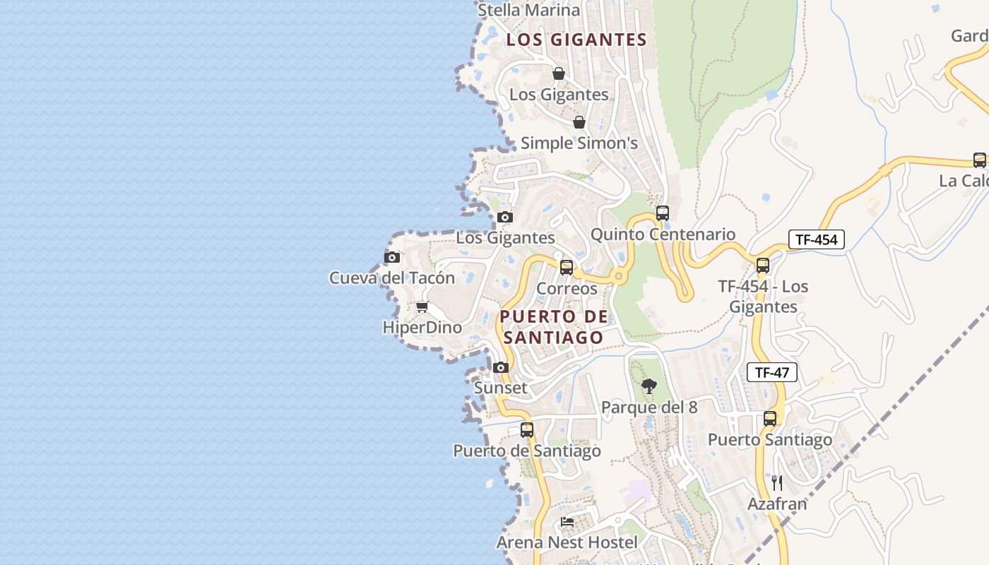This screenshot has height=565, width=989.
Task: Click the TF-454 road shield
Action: click(816, 239)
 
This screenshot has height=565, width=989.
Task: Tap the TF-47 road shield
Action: click(771, 372)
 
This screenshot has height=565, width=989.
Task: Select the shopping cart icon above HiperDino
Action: click(422, 307)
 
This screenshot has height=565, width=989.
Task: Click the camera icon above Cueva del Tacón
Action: click(392, 258)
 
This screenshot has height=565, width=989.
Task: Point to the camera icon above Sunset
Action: click(501, 367)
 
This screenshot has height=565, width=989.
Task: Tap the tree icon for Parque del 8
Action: click(649, 386)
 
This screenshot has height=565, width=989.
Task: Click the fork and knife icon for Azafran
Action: click(777, 483)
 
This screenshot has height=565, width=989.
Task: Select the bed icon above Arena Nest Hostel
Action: click(567, 522)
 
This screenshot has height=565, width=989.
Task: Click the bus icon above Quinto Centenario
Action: click(662, 213)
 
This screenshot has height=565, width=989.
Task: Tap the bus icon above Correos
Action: click(566, 268)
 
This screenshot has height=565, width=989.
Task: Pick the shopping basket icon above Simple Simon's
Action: click(579, 122)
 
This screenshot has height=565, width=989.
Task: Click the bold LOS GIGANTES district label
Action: click(576, 40)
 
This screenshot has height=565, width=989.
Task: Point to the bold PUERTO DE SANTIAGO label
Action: click(554, 327)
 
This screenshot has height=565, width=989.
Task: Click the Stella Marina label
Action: click(529, 10)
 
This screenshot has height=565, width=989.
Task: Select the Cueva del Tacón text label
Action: click(392, 278)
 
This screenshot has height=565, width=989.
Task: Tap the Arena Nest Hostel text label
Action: click(567, 542)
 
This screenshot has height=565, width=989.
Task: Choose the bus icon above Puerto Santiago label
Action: click(769, 419)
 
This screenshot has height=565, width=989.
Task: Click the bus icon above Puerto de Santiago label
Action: click(526, 430)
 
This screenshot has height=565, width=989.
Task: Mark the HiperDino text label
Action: click(422, 328)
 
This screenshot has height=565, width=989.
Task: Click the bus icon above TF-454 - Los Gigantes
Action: click(762, 266)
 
